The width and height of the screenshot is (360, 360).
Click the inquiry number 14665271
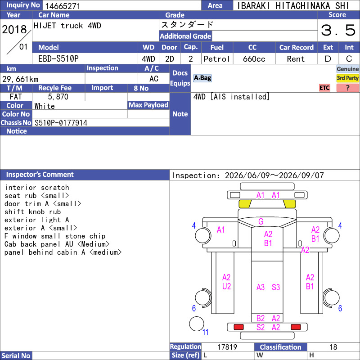63,6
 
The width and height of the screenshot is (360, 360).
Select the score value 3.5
338,30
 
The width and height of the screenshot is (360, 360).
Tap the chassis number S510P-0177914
61,123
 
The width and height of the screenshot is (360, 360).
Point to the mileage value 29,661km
20,79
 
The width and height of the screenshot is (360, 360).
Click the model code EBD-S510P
58,59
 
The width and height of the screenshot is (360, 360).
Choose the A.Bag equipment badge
202,78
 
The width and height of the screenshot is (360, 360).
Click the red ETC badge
324,88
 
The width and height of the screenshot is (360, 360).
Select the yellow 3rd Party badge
347,78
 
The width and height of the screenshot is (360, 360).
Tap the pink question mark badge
347,88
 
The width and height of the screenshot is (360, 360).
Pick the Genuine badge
347,69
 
